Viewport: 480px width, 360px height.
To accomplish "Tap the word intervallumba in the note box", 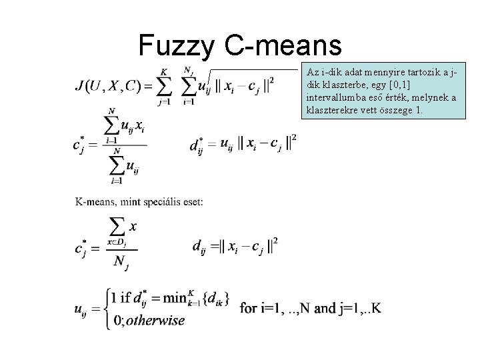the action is (334, 98).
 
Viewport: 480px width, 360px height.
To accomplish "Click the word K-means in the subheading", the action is (95, 202).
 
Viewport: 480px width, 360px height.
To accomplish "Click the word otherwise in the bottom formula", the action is (155, 321).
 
